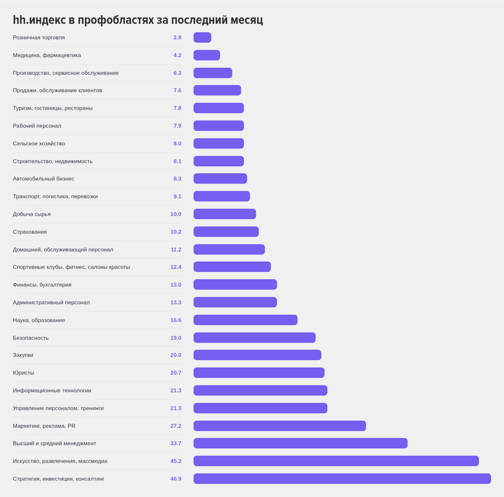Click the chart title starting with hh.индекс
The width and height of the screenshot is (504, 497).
tap(138, 20)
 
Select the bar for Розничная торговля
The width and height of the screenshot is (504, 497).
tap(202, 38)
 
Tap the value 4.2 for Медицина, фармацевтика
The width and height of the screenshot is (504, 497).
tap(177, 55)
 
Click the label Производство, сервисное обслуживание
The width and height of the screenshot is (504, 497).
tap(66, 73)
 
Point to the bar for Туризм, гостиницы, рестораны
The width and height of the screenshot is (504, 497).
tap(219, 108)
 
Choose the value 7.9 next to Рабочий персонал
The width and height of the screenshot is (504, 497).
tap(177, 126)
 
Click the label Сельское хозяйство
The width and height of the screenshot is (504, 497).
tap(39, 144)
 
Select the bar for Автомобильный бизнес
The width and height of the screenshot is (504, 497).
tap(220, 179)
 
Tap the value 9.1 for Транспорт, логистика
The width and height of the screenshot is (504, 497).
tap(177, 197)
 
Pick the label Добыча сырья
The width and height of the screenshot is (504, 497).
tap(32, 214)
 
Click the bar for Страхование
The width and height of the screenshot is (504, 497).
tap(226, 232)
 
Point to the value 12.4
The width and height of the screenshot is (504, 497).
tap(176, 267)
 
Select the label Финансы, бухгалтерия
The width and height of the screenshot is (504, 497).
tap(42, 285)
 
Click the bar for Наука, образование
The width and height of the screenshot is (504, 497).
tap(245, 320)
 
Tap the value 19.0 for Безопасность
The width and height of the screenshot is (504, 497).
tap(176, 338)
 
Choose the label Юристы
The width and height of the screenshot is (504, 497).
tap(24, 373)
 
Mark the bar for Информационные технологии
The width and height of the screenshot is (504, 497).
tap(261, 390)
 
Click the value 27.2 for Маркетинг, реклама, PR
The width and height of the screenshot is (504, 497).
tap(176, 426)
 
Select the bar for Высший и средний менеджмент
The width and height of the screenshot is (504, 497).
tap(300, 443)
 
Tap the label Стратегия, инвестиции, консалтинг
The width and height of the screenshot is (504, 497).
tap(59, 479)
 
